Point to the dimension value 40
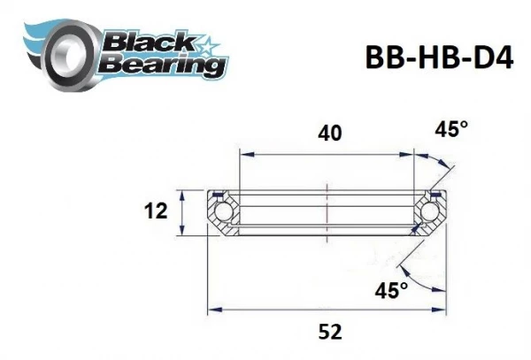[x=328, y=134]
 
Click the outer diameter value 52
[x=328, y=332]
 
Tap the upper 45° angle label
[x=451, y=130]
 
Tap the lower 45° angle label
[x=391, y=289]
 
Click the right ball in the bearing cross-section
[x=431, y=212]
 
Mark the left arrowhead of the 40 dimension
[x=242, y=156]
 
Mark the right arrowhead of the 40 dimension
[x=412, y=156]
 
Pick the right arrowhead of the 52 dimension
[x=442, y=309]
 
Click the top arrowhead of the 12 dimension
[x=182, y=193]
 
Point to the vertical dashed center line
[x=327, y=212]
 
